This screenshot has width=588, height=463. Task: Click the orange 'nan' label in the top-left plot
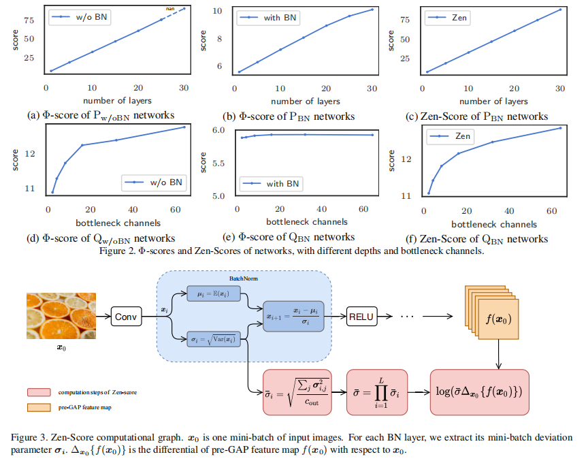[x=171, y=7]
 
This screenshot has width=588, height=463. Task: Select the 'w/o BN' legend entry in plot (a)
[x=76, y=17]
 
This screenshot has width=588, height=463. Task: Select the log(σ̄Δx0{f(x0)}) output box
[x=479, y=393]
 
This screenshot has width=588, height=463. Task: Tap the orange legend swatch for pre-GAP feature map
[x=39, y=406]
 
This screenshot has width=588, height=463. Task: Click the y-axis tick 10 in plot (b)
[x=217, y=11]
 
